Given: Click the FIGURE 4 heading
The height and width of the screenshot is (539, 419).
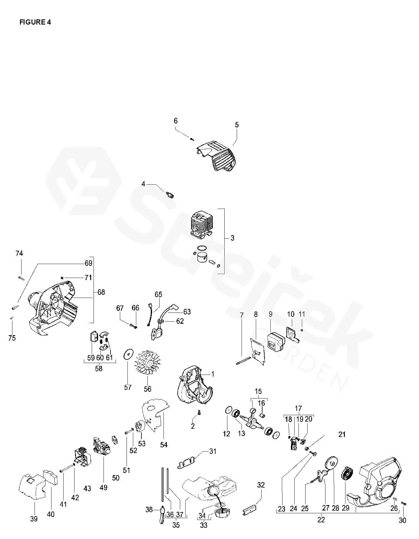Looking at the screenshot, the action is pos(35,22).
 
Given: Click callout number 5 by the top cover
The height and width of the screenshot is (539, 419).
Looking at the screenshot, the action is pos(237,125).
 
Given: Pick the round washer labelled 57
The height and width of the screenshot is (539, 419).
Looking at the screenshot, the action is pos(129,354).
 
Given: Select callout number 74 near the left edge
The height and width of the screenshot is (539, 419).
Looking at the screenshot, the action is pos(19,253).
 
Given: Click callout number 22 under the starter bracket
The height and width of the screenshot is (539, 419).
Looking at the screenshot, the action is pos(321,520).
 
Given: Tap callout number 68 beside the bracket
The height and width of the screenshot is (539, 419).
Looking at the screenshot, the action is pos(101,292).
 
